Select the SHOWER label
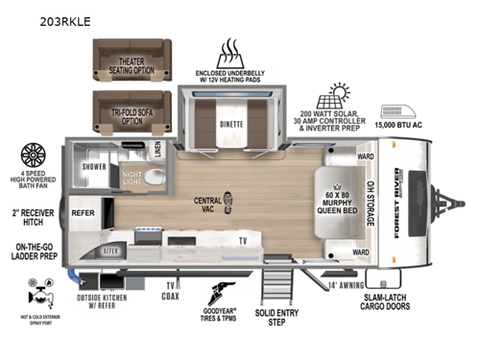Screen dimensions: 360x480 coord(96,165)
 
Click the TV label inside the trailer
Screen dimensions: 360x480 coord(243,240)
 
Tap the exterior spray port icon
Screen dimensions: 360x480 coord(40,300)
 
